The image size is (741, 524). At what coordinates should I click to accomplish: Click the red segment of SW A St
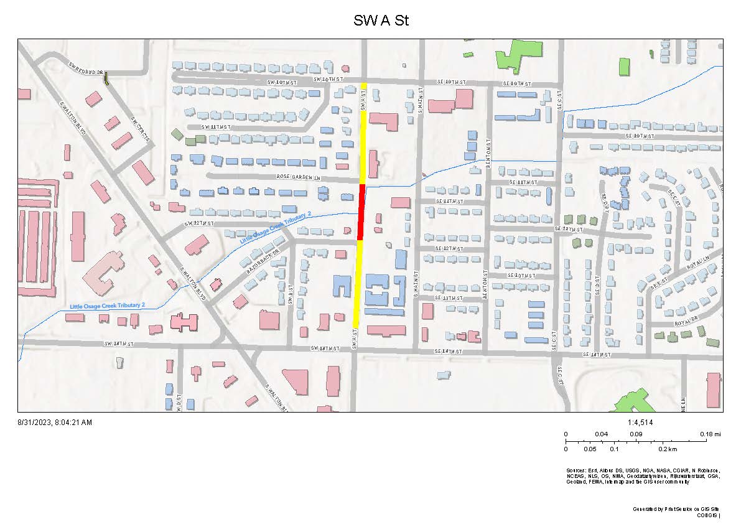tap(361, 212)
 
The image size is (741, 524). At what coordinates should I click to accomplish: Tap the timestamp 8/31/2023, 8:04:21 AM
tap(55, 423)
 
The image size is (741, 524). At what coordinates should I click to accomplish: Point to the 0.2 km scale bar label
tap(668, 449)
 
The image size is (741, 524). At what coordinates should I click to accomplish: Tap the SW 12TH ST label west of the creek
tap(199, 223)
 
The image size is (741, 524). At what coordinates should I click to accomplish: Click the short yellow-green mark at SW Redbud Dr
tap(106, 79)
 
